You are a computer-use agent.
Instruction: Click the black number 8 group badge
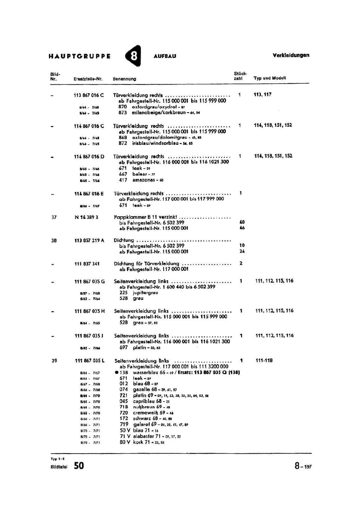pyautogui.click(x=133, y=56)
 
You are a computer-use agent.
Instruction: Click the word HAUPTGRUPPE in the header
pyautogui.click(x=80, y=56)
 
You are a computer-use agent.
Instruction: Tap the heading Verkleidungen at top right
pyautogui.click(x=291, y=55)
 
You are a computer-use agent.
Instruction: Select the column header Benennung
pyautogui.click(x=124, y=79)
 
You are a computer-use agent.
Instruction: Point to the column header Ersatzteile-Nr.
pyautogui.click(x=88, y=79)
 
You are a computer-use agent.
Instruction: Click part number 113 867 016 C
pyautogui.click(x=89, y=95)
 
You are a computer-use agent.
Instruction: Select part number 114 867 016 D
pyautogui.click(x=89, y=157)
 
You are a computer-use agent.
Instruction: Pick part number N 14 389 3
pyautogui.click(x=86, y=217)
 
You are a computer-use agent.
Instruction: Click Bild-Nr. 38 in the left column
pyautogui.click(x=54, y=241)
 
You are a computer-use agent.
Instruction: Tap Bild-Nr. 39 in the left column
pyautogui.click(x=54, y=361)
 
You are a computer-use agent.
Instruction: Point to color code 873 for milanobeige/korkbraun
pyautogui.click(x=122, y=113)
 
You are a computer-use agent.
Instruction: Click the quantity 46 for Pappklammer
pyautogui.click(x=242, y=228)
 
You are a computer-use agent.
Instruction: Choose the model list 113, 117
pyautogui.click(x=262, y=94)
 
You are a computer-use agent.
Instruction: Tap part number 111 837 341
pyautogui.click(x=87, y=264)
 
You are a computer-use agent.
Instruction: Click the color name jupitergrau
pyautogui.click(x=145, y=293)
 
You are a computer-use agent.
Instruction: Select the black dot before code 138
pyautogui.click(x=117, y=373)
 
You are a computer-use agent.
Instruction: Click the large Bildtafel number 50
pyautogui.click(x=79, y=466)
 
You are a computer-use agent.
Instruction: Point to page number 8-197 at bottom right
pyautogui.click(x=303, y=466)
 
